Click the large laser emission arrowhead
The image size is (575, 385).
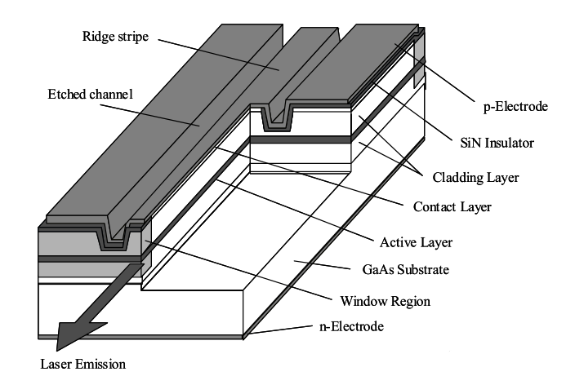(74, 330)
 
